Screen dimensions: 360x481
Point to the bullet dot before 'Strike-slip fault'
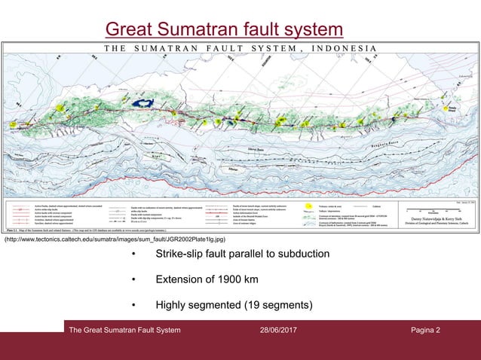pyautogui.click(x=133, y=255)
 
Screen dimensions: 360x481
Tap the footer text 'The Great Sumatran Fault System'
pyautogui.click(x=124, y=331)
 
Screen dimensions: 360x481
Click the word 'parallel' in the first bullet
pyautogui.click(x=253, y=254)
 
